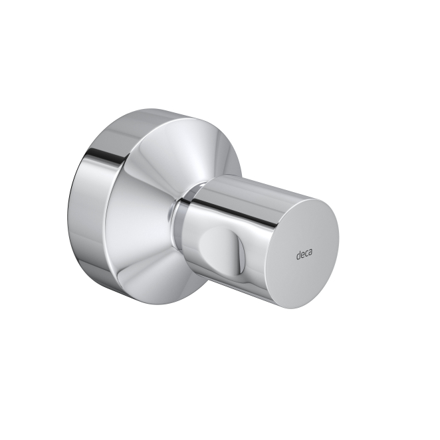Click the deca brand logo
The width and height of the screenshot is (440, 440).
[x=306, y=255]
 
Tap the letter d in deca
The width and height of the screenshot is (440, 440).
[x=298, y=254]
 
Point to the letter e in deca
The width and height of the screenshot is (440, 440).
[x=303, y=255]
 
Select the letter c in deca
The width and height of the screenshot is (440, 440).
[x=308, y=255]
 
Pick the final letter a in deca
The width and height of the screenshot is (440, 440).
[x=314, y=255]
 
